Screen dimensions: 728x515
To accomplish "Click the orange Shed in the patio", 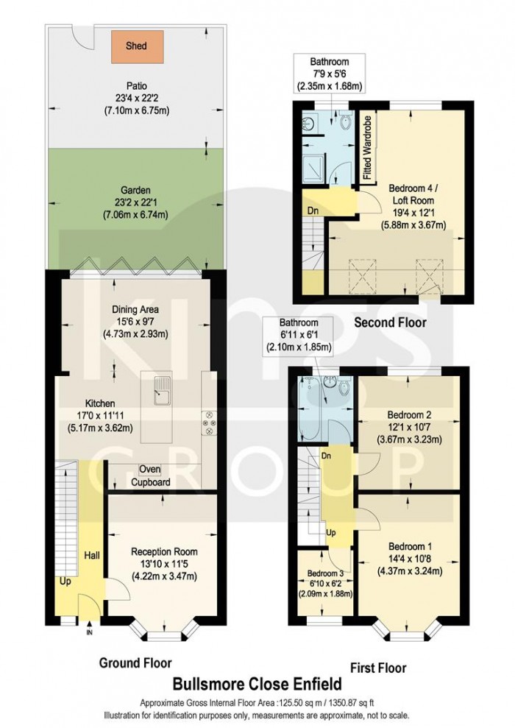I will tap(135, 46).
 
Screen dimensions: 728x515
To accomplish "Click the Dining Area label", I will tap(135, 310).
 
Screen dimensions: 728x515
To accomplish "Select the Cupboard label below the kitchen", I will tap(151, 483).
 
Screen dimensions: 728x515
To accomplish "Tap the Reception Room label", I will tap(164, 551).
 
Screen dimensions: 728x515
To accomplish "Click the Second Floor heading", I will tap(390, 322).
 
